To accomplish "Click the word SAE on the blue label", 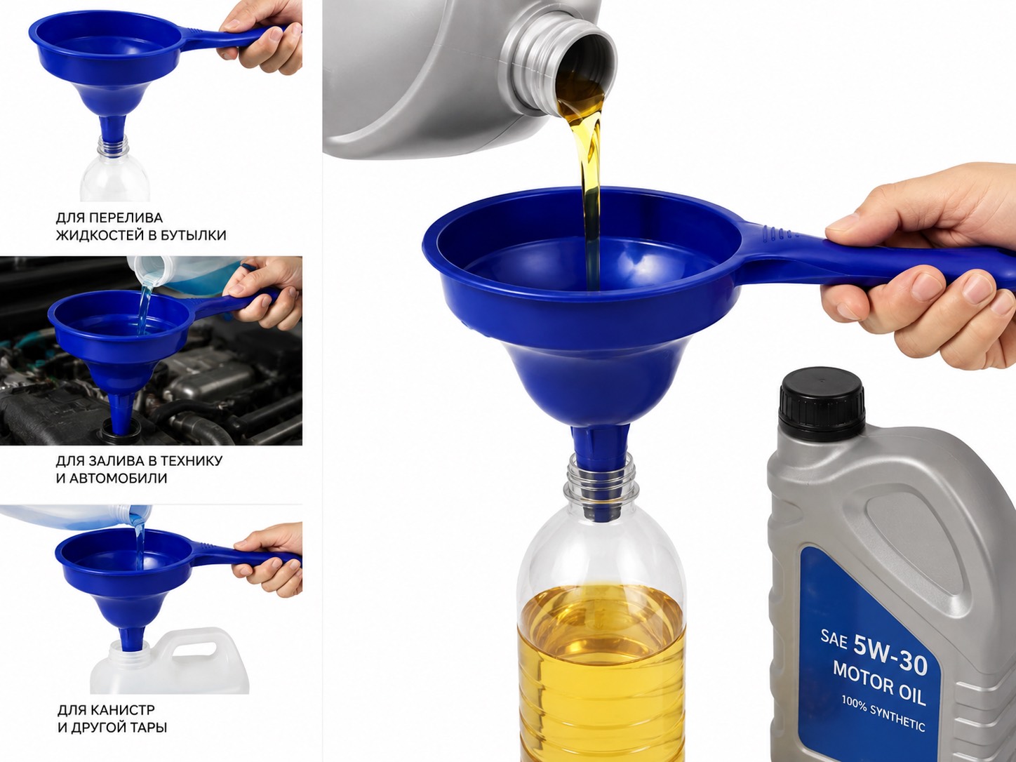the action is (x=834, y=640).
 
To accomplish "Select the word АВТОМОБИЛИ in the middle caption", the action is (x=118, y=478).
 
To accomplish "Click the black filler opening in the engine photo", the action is (x=119, y=427).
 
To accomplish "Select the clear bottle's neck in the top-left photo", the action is (x=114, y=147).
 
